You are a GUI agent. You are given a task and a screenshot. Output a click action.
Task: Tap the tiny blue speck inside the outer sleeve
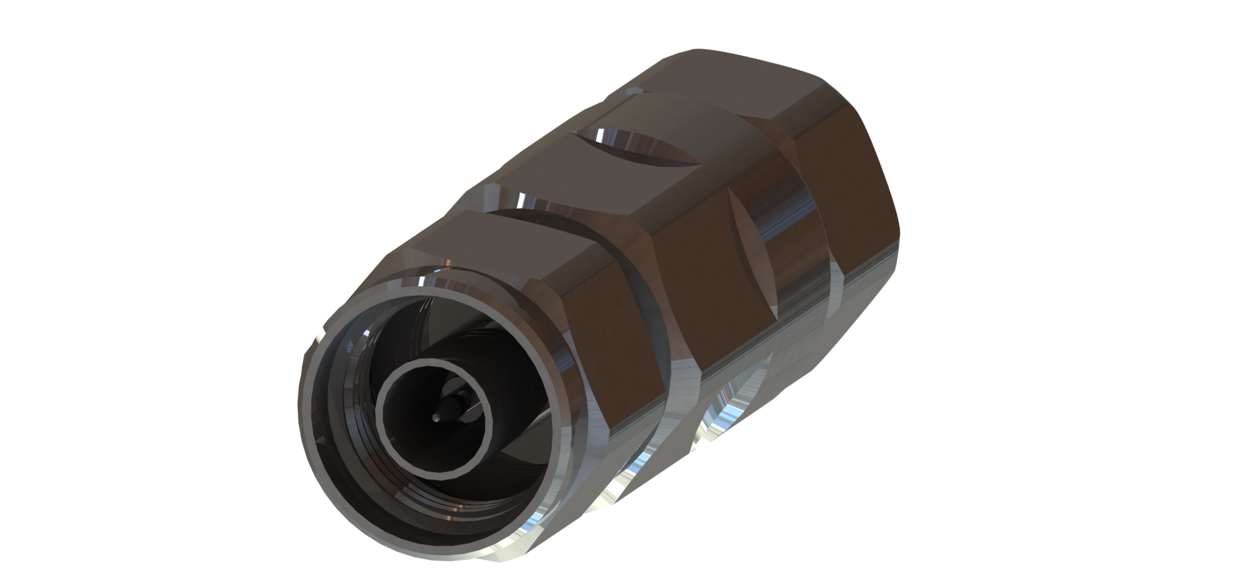[352, 347]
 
